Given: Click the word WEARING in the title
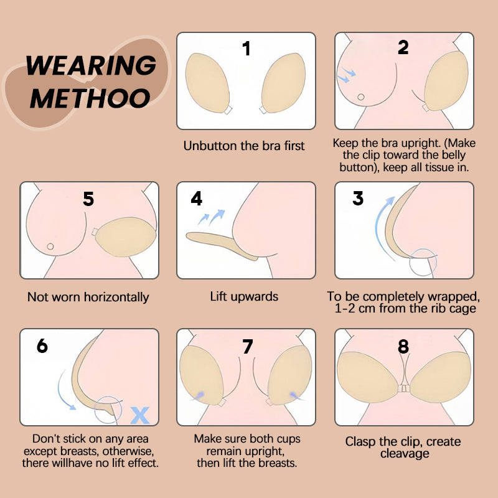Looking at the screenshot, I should tap(92, 65).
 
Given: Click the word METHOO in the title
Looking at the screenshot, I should tap(90, 98).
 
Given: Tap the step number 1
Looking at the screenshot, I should tap(247, 49).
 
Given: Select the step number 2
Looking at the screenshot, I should tap(403, 47).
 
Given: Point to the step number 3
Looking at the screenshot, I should tap(358, 199).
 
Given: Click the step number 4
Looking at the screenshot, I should tap(197, 199).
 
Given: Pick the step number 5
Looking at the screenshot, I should tap(88, 199).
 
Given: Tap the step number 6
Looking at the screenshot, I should tap(42, 345).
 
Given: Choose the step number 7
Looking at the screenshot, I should tap(247, 347).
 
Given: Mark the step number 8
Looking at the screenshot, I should tap(404, 345).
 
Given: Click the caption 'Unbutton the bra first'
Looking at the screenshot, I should tap(244, 146).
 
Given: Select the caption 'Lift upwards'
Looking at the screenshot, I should tap(244, 296).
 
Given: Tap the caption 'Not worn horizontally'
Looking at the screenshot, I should tap(88, 297).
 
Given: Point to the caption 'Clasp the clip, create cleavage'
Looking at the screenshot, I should tap(403, 448).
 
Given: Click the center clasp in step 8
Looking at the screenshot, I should tap(404, 388).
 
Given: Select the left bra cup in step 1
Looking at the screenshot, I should tap(209, 84).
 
